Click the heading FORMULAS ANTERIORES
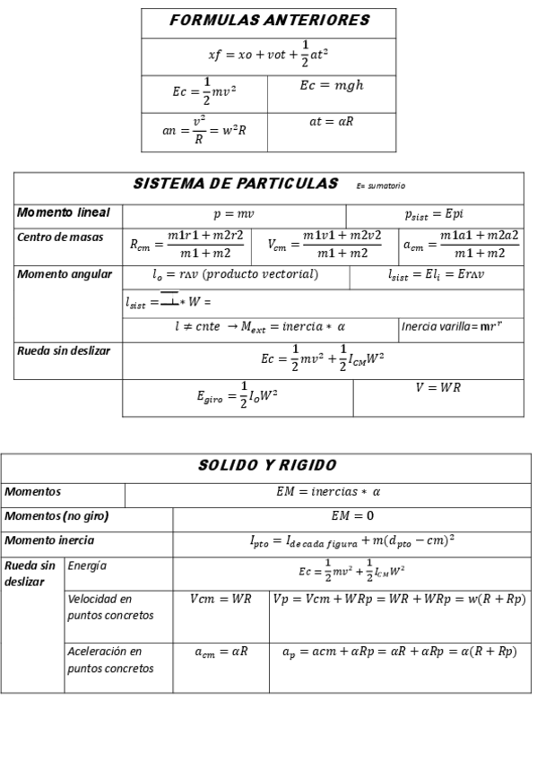click(x=269, y=21)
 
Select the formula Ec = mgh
click(x=331, y=86)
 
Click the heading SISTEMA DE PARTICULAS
click(x=236, y=184)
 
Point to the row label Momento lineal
click(x=64, y=213)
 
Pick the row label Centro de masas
click(x=60, y=237)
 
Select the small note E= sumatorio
click(x=381, y=186)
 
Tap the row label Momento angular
click(x=65, y=274)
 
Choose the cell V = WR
click(x=437, y=387)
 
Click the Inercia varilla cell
click(x=460, y=326)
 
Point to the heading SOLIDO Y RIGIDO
click(x=267, y=465)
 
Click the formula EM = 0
click(x=352, y=516)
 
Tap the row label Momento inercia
click(x=49, y=540)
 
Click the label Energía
click(x=87, y=566)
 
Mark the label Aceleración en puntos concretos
click(x=110, y=660)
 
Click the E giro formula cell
click(x=238, y=397)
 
